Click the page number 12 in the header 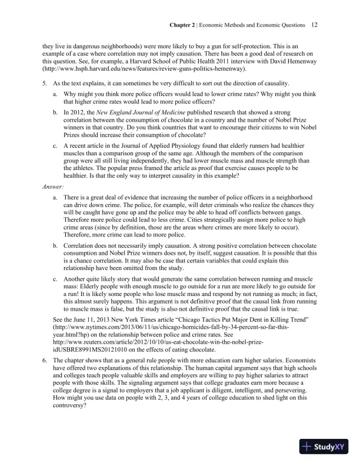coord(315,25)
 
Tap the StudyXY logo coord(326,447)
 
